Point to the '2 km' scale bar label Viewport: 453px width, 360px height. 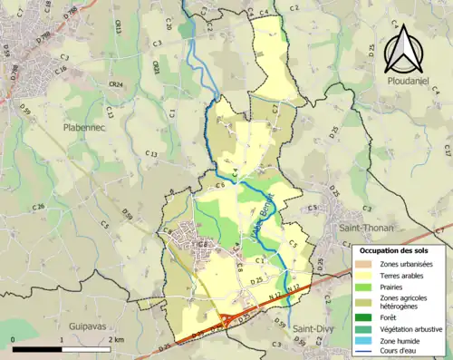coord(116,340)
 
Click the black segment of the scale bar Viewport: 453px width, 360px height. coord(37,349)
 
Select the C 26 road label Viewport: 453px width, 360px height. coord(38,208)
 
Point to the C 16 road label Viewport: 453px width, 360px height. coord(61,69)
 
